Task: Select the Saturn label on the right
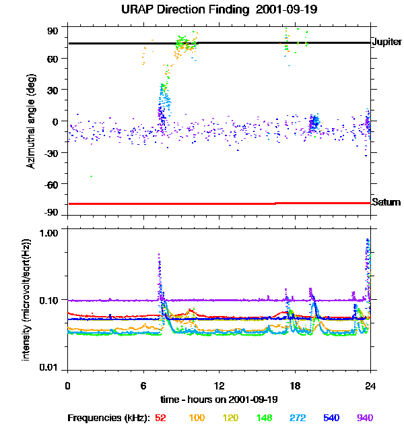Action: (386, 202)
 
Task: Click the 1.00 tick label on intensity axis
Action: (50, 232)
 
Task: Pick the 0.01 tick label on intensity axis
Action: (50, 368)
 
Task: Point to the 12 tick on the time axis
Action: (219, 385)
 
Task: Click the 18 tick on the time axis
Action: (294, 385)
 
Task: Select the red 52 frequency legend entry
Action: (161, 418)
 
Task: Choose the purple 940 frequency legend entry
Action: (365, 418)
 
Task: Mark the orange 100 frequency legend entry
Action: (197, 418)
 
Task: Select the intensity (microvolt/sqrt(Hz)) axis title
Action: (27, 298)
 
